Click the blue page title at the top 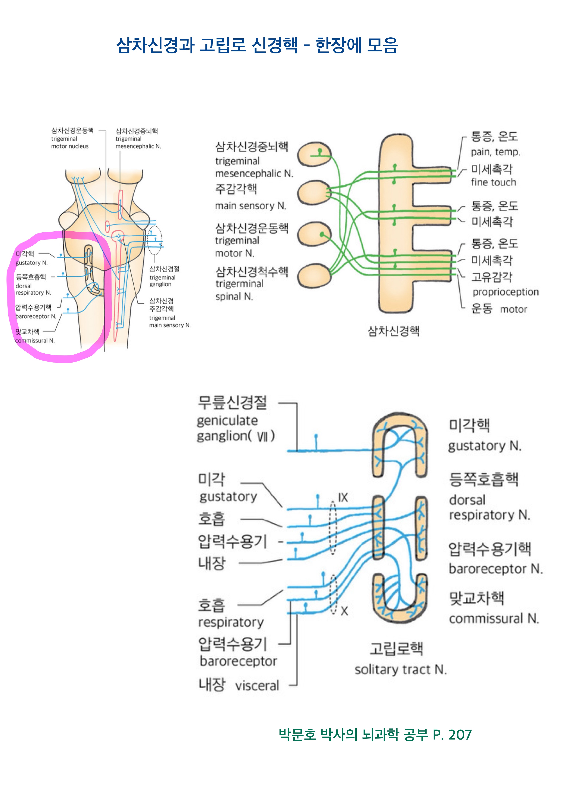tap(257, 45)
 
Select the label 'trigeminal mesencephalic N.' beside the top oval tap(254, 167)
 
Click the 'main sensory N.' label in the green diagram tap(251, 206)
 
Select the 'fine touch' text tap(493, 182)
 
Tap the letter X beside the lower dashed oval tap(344, 611)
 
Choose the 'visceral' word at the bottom tap(257, 686)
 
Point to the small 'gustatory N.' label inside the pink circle tap(31, 263)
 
